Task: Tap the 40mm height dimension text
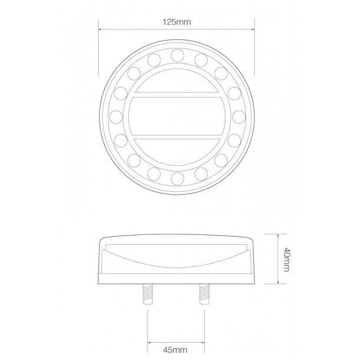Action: [286, 260]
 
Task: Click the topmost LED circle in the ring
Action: [176, 55]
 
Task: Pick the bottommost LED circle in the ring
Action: [176, 177]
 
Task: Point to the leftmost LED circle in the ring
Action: [115, 116]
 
